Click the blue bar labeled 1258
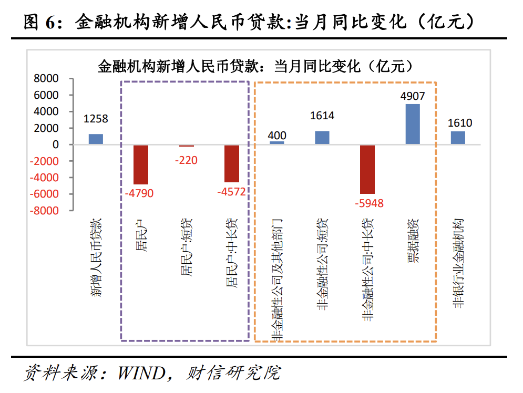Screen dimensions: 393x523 coord(96,139)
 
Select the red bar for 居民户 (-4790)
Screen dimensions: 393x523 coord(141,164)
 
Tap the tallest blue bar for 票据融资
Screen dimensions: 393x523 coord(413,125)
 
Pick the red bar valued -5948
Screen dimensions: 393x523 coord(367,169)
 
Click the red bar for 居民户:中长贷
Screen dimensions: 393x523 coord(232,163)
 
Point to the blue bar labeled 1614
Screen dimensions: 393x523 coord(322,138)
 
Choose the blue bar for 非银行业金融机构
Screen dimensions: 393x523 coord(458,138)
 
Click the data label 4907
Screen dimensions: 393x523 coord(412,96)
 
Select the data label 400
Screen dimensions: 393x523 coord(277,136)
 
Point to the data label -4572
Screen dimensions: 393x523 coord(231,192)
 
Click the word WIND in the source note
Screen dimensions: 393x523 coord(140,374)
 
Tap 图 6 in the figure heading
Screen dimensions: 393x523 coord(39,22)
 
